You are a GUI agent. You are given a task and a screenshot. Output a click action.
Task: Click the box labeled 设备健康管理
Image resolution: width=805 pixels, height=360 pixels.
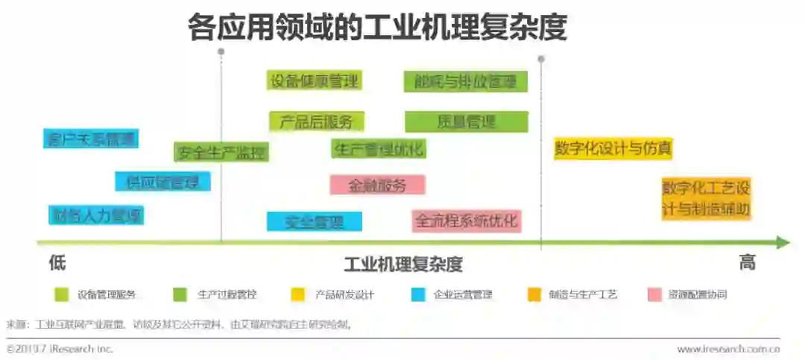point(314,81)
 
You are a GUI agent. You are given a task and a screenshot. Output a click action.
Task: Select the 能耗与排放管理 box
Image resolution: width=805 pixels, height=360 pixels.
point(466,82)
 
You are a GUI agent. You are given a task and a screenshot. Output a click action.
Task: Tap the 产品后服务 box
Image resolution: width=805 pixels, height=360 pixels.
point(316,121)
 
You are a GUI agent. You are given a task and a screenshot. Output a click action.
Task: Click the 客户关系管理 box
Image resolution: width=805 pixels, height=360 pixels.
point(91,139)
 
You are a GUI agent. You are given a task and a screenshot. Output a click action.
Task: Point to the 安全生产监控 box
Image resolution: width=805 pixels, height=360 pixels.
point(221,153)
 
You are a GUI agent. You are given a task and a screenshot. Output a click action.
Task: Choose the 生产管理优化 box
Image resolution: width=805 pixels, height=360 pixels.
point(379,148)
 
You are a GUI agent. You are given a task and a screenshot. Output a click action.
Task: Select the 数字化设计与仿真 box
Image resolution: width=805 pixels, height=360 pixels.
point(613,148)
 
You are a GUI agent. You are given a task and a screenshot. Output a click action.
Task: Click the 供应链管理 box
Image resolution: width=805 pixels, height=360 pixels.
point(162,182)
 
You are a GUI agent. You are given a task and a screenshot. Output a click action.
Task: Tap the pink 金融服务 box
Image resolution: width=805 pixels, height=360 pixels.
point(377,186)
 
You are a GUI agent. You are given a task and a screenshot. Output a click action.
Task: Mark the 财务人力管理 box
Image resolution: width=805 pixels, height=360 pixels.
point(95,216)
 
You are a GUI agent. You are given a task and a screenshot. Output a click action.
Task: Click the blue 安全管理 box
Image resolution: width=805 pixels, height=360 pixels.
point(314,221)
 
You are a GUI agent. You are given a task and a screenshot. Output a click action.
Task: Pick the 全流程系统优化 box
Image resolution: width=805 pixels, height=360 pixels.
point(466,221)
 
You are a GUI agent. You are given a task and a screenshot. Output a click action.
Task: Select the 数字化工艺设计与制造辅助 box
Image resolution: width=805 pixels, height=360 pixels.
point(706,198)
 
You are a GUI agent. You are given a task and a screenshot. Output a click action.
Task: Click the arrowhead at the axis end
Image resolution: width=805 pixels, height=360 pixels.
point(783,242)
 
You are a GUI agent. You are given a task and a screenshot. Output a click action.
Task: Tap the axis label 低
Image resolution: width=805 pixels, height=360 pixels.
point(57,263)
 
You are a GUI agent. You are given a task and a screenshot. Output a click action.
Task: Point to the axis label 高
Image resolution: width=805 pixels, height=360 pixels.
point(747,263)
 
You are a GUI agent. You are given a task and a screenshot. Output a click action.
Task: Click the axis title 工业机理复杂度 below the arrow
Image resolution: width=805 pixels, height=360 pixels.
point(403,265)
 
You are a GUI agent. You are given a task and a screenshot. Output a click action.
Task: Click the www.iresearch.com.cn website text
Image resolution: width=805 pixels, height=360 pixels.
point(728,348)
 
